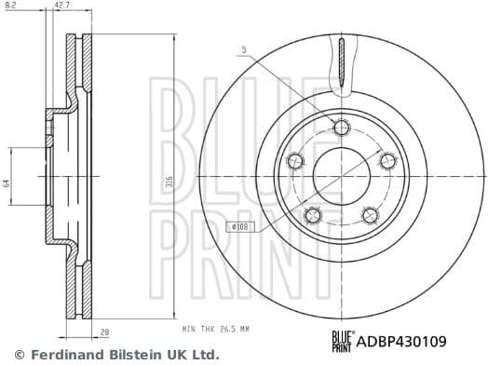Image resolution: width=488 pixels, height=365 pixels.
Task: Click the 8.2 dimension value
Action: [x=9, y=7]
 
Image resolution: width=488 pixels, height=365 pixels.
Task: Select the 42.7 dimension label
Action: [x=63, y=7]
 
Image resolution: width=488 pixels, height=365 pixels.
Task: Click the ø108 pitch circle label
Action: [x=241, y=226]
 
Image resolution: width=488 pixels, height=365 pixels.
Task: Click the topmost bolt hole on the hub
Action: [x=342, y=128]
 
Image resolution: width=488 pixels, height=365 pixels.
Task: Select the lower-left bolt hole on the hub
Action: [x=313, y=216]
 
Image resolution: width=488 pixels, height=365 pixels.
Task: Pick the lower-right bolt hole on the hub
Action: [x=369, y=215]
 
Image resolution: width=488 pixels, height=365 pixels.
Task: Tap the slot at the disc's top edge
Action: [x=343, y=65]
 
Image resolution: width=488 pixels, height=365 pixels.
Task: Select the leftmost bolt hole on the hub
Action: [x=296, y=162]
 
